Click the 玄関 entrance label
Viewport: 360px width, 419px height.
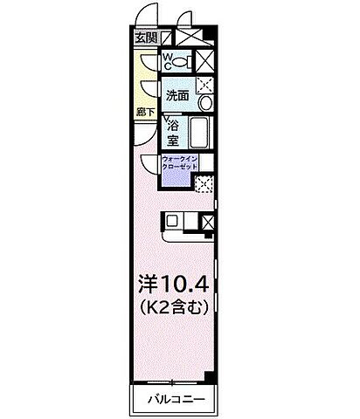tap(146, 38)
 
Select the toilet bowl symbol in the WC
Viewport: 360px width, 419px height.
tap(180, 63)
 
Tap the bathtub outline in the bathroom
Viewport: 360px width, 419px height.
tap(199, 133)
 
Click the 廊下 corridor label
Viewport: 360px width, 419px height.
tap(144, 111)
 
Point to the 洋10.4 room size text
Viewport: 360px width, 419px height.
tap(170, 284)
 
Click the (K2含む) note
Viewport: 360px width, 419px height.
tap(171, 307)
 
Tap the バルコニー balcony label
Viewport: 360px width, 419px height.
tap(172, 400)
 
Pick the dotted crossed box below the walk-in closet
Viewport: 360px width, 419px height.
tap(204, 184)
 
